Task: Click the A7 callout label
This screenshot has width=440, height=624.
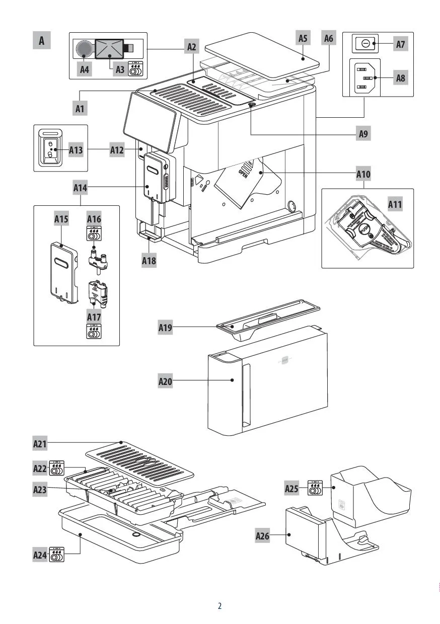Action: coord(400,44)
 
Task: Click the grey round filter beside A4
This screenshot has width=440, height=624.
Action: coord(85,49)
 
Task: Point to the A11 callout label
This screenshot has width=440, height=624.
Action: coord(395,205)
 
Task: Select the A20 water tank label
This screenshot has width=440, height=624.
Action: coord(166,381)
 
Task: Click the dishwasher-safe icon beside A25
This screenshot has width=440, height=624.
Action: coord(315,488)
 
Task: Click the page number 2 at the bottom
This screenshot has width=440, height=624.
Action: coord(219,606)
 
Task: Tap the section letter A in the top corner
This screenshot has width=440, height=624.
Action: coord(42,41)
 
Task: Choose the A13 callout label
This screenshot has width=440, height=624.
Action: coord(76,149)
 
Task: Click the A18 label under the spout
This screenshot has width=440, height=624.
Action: coord(149,261)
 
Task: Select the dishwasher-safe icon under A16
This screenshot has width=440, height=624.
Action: coord(94,233)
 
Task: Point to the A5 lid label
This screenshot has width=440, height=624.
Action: coord(303,38)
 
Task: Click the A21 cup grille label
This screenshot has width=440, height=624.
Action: coord(40,444)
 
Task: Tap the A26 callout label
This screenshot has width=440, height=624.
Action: coord(262,536)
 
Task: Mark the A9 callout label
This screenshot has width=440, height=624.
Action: coord(363,134)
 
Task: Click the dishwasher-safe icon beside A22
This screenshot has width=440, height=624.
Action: coord(57,469)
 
